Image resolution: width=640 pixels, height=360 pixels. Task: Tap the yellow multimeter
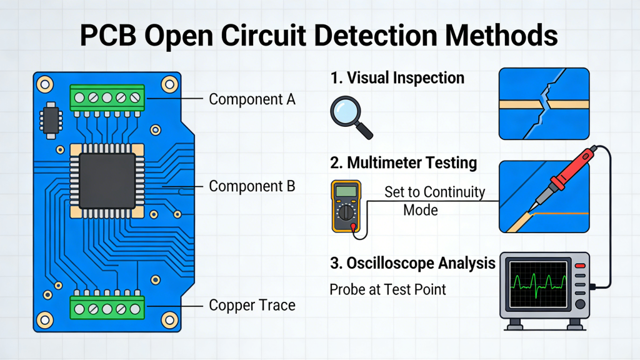(346, 206)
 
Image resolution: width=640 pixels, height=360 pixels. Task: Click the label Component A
(252, 99)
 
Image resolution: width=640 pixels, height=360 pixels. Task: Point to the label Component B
(252, 186)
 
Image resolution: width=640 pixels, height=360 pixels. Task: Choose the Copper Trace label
(252, 306)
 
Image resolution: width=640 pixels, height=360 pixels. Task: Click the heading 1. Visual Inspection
(397, 78)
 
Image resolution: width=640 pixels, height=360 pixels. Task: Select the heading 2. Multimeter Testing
(403, 163)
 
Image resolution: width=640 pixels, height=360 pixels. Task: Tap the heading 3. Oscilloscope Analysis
(412, 263)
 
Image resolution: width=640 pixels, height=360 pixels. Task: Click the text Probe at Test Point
(388, 290)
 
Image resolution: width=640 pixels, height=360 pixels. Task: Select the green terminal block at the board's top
(107, 97)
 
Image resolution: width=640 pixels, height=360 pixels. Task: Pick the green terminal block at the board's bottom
(107, 307)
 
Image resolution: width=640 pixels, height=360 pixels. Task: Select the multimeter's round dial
(345, 213)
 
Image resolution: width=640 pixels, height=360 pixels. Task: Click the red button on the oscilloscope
(579, 266)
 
